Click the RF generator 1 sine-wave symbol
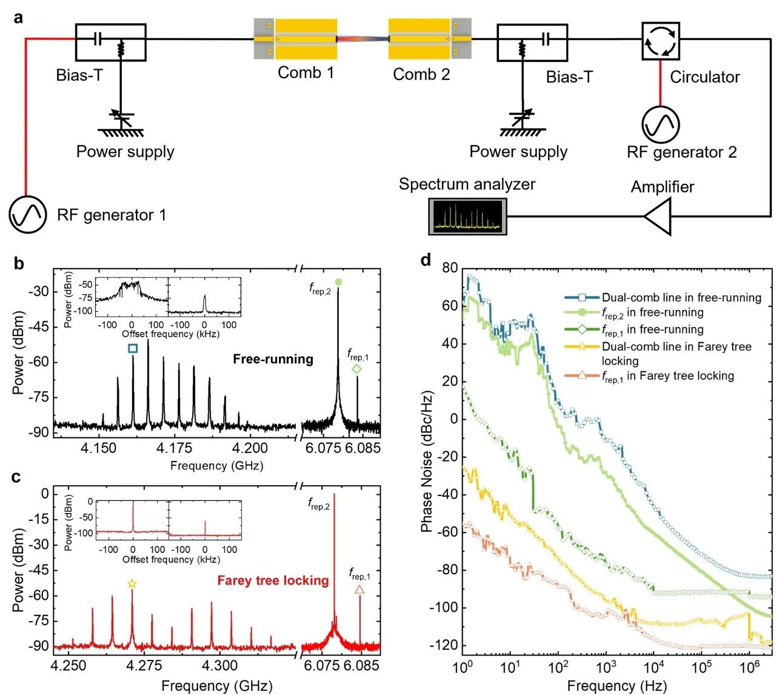(x=27, y=215)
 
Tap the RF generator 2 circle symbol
(x=660, y=124)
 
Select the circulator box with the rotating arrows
(x=660, y=41)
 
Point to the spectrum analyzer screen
(x=467, y=216)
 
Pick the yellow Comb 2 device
(x=420, y=39)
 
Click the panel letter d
(x=426, y=260)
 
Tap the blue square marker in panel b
(x=133, y=348)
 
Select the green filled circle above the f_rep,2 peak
(x=338, y=281)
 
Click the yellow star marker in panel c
(x=132, y=583)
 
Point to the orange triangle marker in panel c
(x=360, y=589)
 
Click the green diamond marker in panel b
(x=356, y=369)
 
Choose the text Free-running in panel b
(x=273, y=359)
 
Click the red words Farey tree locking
(x=273, y=580)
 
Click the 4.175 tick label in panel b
(x=174, y=449)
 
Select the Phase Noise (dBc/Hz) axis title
(x=427, y=462)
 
